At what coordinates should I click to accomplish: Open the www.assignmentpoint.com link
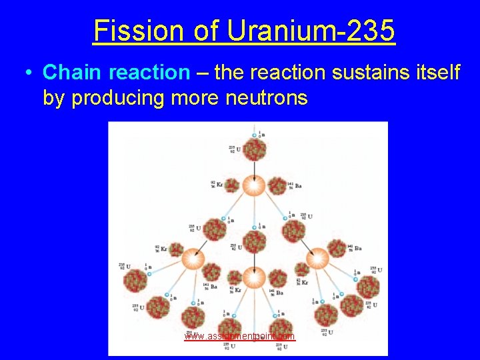tap(240, 337)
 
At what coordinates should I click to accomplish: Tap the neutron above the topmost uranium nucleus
tap(254, 136)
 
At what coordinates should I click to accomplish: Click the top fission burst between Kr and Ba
tap(254, 187)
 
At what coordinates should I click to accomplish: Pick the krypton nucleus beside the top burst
tap(232, 185)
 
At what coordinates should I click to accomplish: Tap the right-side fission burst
tap(317, 257)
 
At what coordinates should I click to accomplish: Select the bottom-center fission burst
tap(254, 275)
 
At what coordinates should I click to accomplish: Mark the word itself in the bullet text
tap(430, 72)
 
